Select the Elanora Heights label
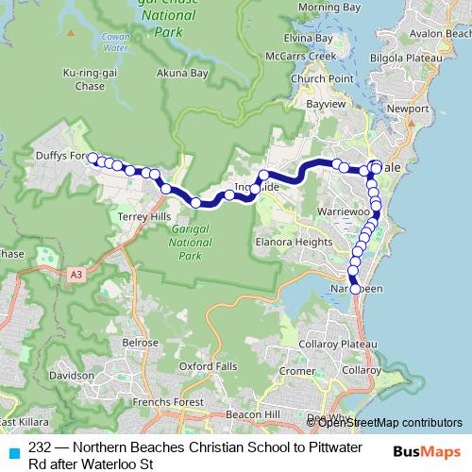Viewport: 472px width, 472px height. point(293,241)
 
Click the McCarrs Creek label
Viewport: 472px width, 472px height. point(305,56)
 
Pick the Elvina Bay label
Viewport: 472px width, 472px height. point(310,38)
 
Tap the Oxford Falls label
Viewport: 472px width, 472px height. point(206,365)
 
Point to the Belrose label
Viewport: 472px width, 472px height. point(140,342)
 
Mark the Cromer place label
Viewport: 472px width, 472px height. point(296,371)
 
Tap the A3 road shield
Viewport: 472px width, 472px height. point(76,275)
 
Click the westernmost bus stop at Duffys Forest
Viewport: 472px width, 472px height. point(93,158)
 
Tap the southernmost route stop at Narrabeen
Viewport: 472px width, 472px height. point(356,290)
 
